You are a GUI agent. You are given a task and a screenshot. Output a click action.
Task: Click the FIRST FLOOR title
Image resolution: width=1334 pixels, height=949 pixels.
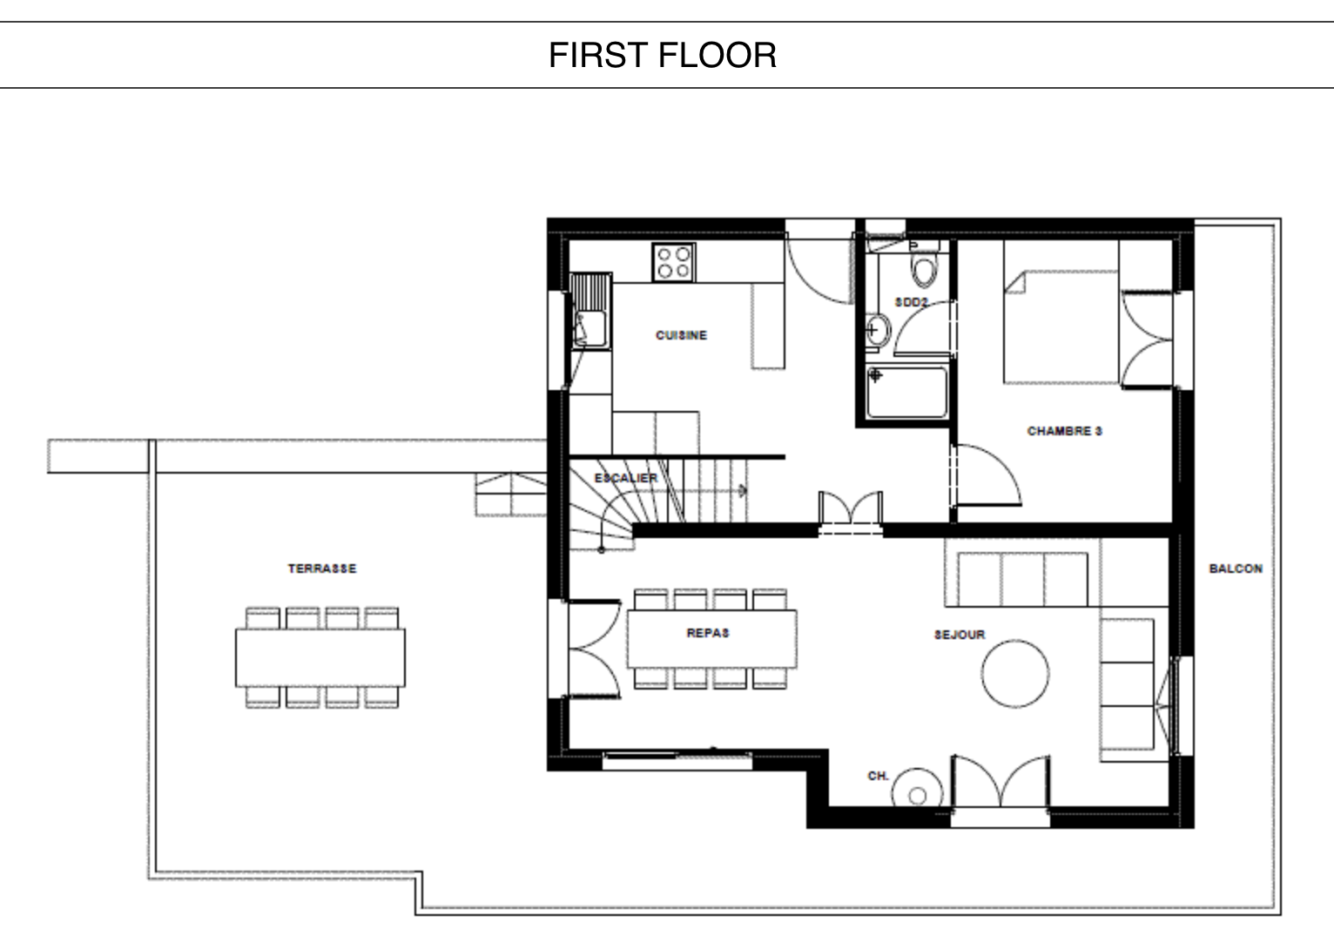click(663, 56)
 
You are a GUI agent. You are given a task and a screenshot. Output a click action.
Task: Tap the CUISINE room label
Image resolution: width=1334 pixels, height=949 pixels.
click(681, 335)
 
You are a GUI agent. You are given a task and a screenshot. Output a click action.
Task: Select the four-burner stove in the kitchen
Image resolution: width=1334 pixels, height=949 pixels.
click(674, 262)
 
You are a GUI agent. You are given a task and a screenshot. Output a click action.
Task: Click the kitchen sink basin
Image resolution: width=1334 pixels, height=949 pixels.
click(590, 329)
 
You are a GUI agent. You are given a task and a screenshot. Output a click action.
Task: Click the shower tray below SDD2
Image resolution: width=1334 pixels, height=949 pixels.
click(907, 393)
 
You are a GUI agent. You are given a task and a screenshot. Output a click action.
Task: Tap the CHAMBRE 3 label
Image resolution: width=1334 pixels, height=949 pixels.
click(1065, 430)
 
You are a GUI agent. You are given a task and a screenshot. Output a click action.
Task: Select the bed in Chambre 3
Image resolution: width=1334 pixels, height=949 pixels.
click(1061, 326)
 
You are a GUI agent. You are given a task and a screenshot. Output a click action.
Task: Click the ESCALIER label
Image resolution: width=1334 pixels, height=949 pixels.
click(626, 477)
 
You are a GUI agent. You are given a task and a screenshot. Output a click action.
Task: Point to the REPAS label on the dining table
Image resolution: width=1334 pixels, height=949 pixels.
click(708, 633)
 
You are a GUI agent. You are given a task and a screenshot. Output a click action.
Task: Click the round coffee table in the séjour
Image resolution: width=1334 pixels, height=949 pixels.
click(1015, 674)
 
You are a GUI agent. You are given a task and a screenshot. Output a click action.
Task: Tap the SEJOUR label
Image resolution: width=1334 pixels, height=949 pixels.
click(960, 635)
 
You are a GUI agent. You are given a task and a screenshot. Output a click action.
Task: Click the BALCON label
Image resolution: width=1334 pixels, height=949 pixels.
click(1236, 569)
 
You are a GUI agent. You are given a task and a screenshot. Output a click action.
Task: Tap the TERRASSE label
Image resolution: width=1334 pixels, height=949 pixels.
click(322, 569)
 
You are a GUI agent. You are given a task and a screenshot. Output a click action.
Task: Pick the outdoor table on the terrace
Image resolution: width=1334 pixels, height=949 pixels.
click(320, 658)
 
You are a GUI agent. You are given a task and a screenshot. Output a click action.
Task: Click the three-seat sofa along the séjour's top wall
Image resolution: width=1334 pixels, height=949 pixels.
click(1023, 580)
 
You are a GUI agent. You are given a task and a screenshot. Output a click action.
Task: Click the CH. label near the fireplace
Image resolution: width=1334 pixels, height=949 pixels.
click(879, 776)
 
